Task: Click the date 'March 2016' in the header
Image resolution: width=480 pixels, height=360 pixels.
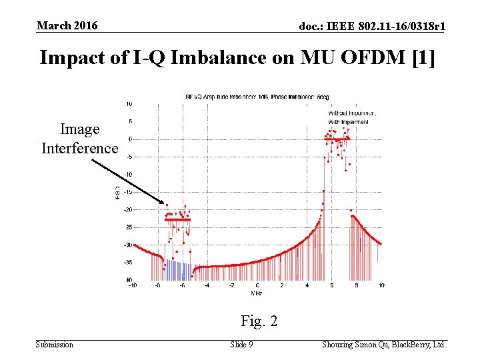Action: click(x=67, y=25)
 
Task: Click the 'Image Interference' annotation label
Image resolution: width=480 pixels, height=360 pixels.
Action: click(x=79, y=139)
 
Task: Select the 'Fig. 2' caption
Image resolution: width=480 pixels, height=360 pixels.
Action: click(x=259, y=321)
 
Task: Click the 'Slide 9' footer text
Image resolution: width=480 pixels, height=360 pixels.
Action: click(x=241, y=345)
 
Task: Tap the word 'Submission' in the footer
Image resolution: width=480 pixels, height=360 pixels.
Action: click(x=54, y=345)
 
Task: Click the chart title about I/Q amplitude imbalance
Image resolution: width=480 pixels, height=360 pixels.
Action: click(x=256, y=97)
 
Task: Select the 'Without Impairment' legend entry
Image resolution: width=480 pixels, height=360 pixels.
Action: click(x=351, y=113)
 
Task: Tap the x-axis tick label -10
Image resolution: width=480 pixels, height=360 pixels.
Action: click(x=133, y=285)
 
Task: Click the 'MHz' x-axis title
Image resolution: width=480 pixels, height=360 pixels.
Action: click(x=256, y=292)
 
